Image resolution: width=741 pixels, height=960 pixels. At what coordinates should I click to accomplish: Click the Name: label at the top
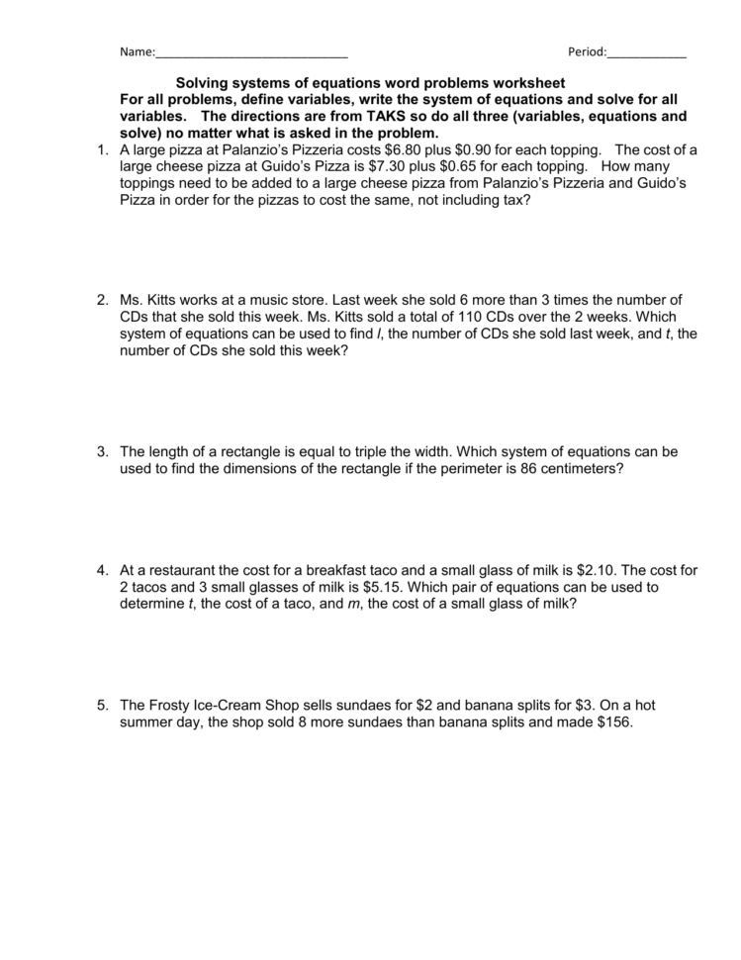pos(137,51)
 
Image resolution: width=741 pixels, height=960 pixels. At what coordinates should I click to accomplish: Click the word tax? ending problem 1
pos(514,200)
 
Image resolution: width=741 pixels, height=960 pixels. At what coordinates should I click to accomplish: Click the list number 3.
pos(102,451)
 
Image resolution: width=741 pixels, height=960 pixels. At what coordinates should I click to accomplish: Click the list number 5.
pos(102,706)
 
